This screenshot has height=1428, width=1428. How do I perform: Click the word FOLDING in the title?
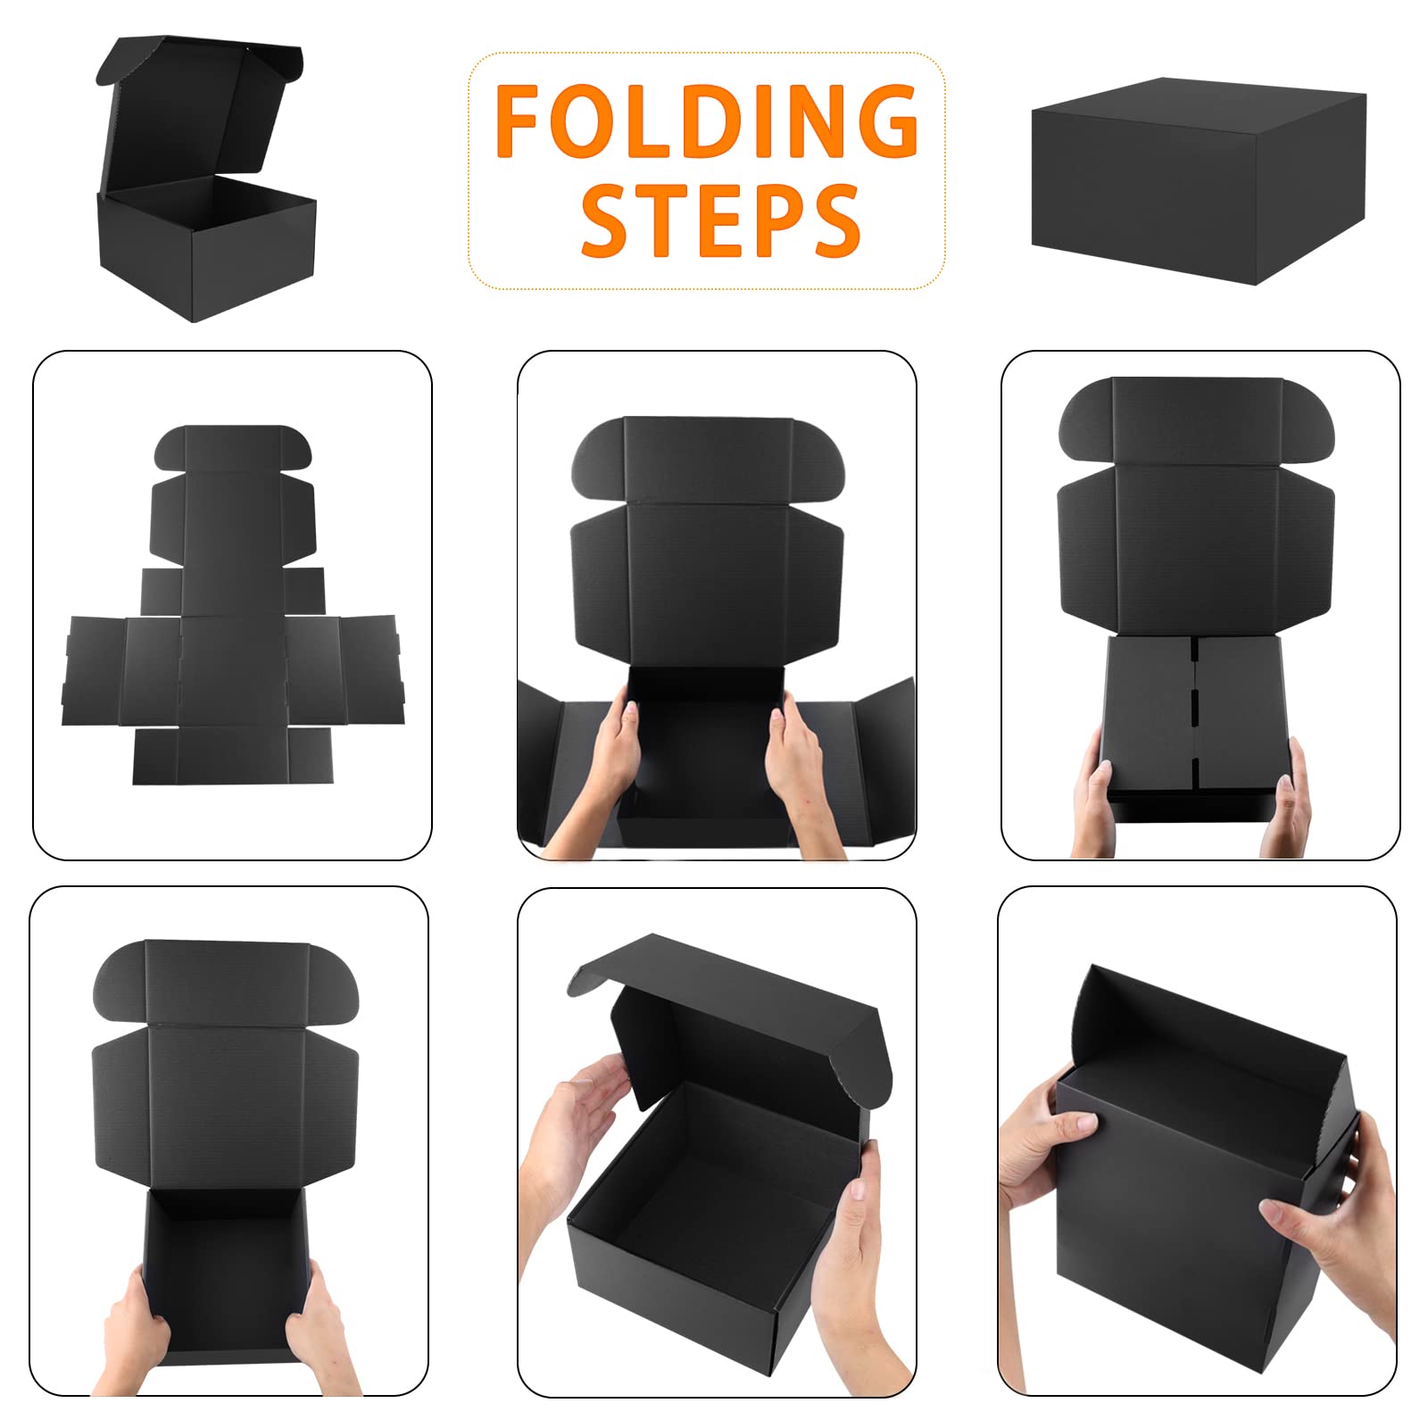pyautogui.click(x=707, y=120)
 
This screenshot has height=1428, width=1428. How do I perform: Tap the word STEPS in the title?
pyautogui.click(x=720, y=220)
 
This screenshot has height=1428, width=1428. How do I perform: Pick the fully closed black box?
pyautogui.click(x=1199, y=180)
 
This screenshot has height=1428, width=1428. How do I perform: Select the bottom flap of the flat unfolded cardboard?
pyautogui.click(x=232, y=755)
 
